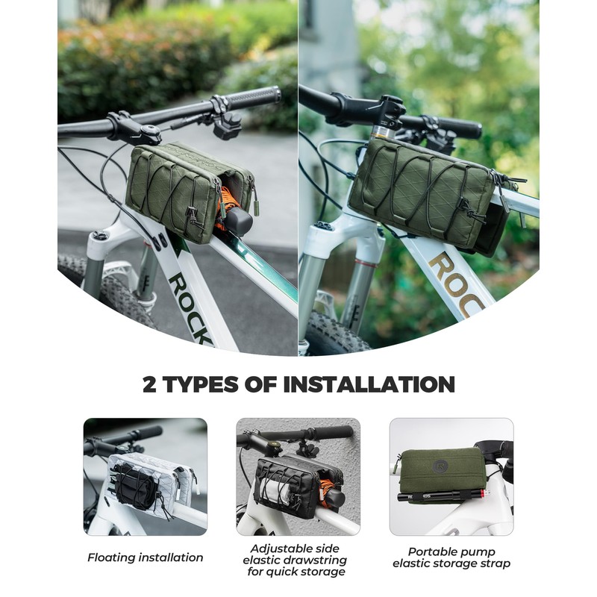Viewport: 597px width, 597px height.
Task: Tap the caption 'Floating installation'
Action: tap(145, 557)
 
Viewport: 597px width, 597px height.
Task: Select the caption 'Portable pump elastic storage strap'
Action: tap(451, 557)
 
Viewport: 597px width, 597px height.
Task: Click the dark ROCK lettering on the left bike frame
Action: tap(190, 306)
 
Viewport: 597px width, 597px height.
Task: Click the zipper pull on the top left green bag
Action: tap(256, 205)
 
